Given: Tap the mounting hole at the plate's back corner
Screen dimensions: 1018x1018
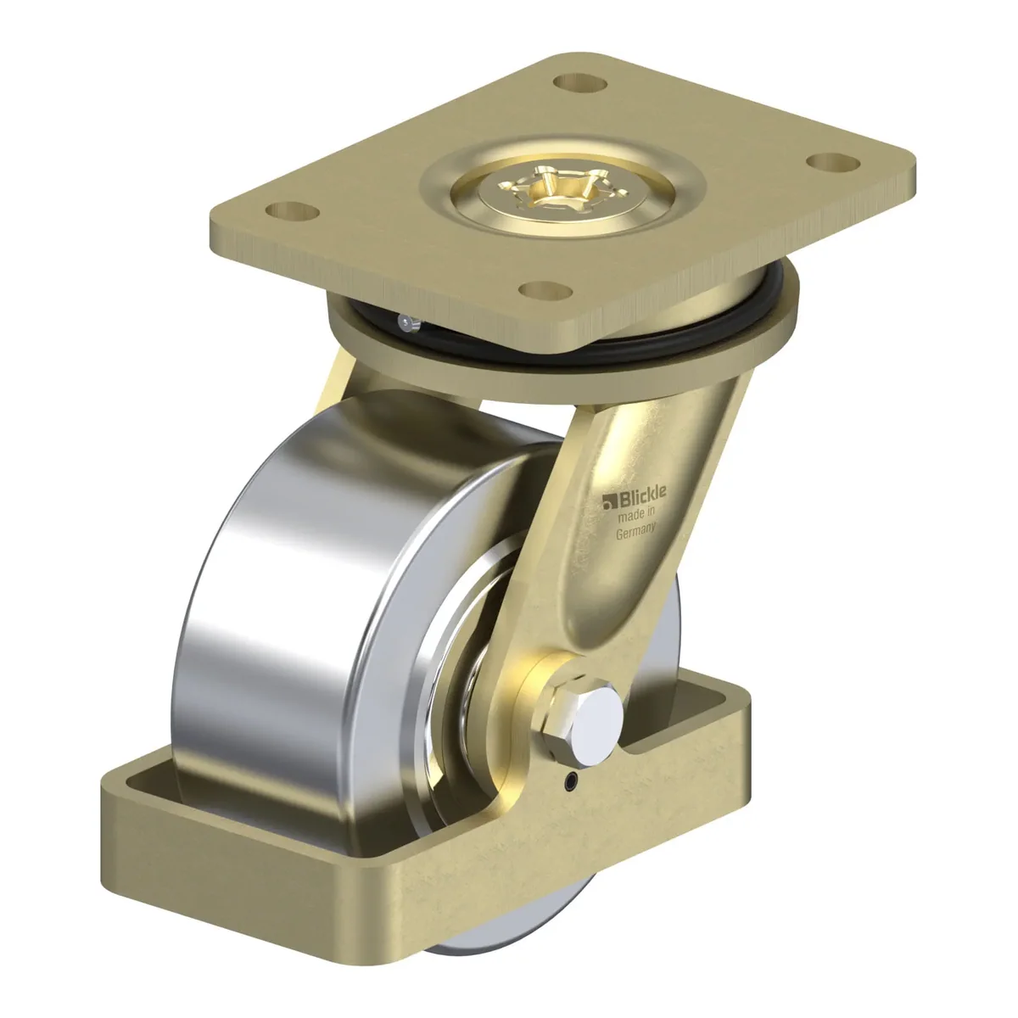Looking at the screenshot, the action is pos(579,82).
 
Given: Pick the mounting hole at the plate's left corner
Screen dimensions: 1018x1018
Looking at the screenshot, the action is pos(293,211).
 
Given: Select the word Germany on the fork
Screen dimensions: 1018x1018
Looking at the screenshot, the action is pos(636,531).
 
